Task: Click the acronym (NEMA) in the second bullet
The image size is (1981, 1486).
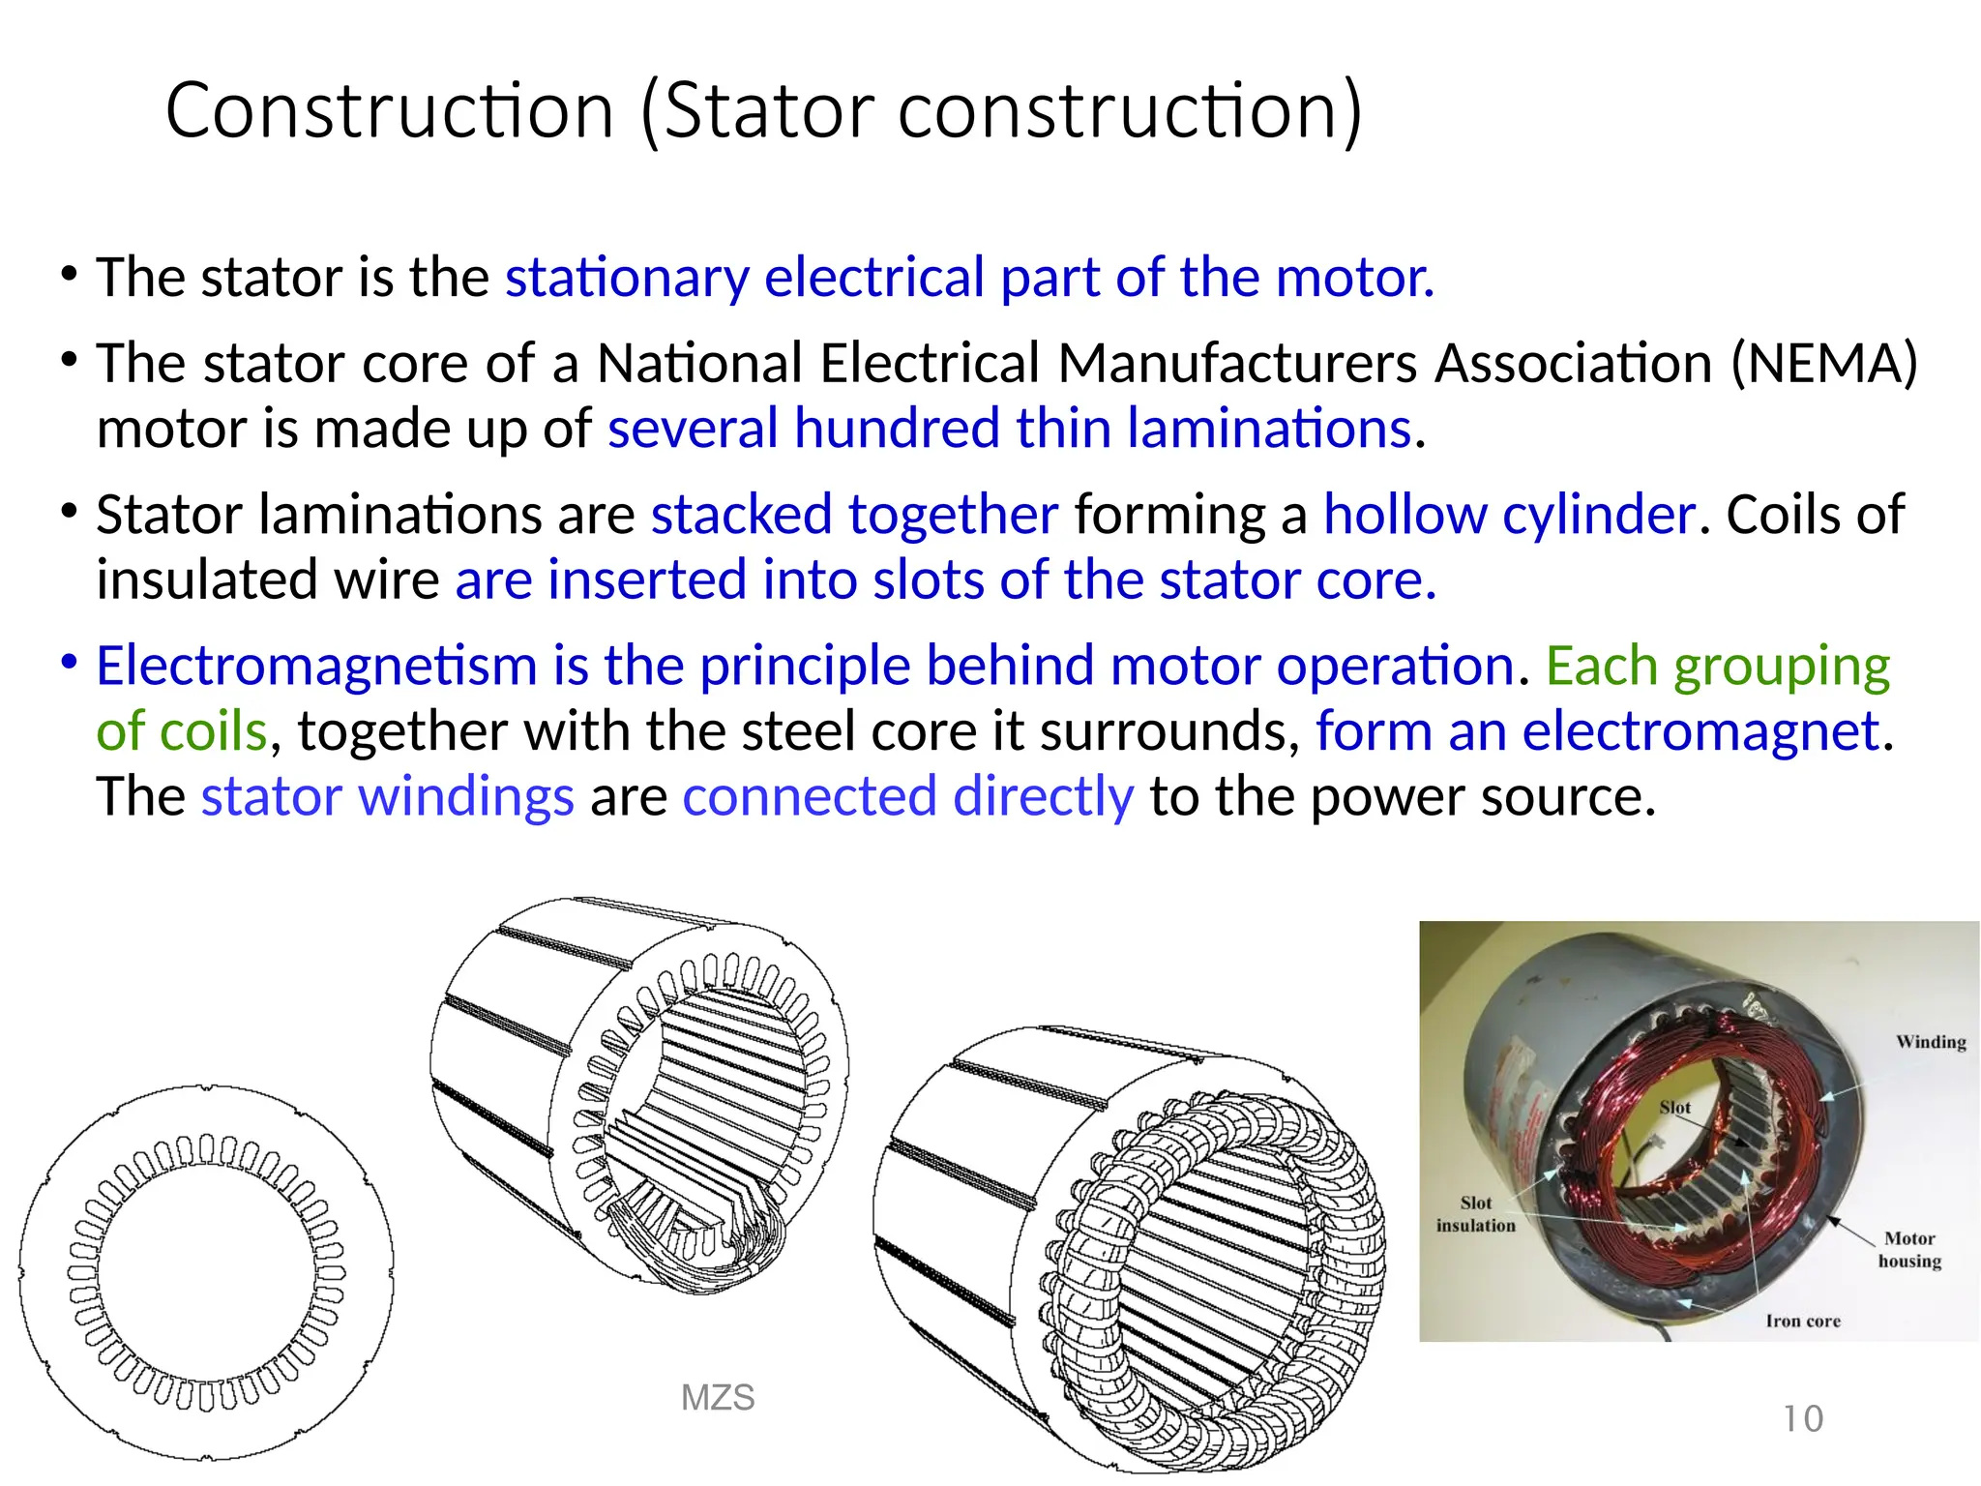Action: pyautogui.click(x=1823, y=364)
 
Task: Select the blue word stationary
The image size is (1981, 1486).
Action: pyautogui.click(x=627, y=279)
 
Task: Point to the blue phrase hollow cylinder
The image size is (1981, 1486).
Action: pyautogui.click(x=1509, y=515)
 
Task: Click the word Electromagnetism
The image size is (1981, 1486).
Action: pyautogui.click(x=316, y=667)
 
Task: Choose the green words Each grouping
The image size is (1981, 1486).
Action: pyautogui.click(x=1717, y=667)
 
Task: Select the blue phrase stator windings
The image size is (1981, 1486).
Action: pyautogui.click(x=387, y=797)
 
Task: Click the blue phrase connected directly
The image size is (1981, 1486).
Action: pyautogui.click(x=907, y=797)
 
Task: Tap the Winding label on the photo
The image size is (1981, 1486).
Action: pyautogui.click(x=1931, y=1042)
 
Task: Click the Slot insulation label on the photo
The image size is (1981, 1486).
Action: pyautogui.click(x=1475, y=1214)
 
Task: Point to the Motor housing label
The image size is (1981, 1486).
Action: pyautogui.click(x=1909, y=1249)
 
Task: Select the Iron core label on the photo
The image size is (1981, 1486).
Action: pyautogui.click(x=1803, y=1321)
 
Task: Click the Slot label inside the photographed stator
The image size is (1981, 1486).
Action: pyautogui.click(x=1674, y=1108)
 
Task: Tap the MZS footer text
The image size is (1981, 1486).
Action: pyautogui.click(x=718, y=1398)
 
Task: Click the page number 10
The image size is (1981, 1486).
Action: pyautogui.click(x=1803, y=1419)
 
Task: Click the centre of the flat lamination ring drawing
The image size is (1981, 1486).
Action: pyautogui.click(x=206, y=1272)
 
